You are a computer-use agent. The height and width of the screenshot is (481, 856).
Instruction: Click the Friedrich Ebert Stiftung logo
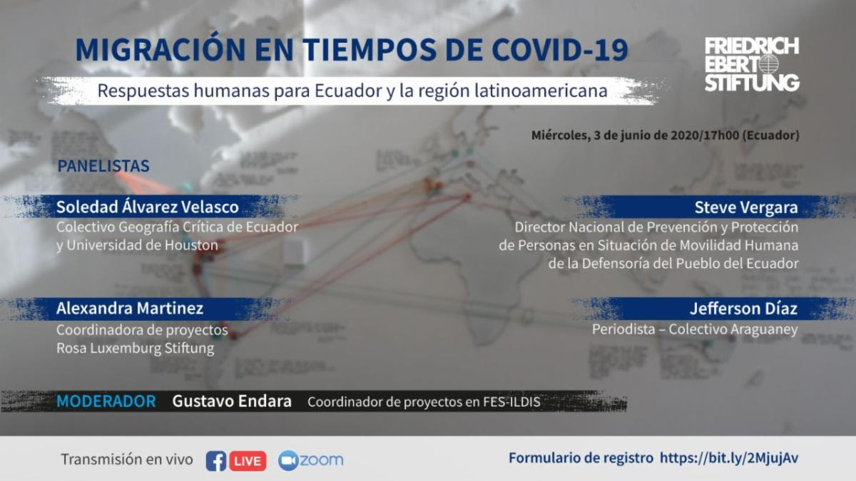click(x=752, y=64)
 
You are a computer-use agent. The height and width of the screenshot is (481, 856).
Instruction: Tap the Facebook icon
click(x=216, y=461)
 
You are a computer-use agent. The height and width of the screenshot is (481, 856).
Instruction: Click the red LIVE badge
click(x=248, y=461)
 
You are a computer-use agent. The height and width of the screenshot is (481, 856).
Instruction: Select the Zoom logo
click(x=310, y=460)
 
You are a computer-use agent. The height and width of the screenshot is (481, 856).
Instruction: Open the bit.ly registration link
click(x=729, y=458)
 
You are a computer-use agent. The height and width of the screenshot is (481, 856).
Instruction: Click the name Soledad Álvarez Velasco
click(x=148, y=207)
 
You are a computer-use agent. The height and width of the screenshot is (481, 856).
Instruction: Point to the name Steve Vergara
click(x=746, y=207)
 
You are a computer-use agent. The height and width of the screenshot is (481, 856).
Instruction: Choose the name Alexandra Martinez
click(x=130, y=308)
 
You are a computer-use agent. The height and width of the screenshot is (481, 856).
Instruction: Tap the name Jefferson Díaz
click(x=743, y=309)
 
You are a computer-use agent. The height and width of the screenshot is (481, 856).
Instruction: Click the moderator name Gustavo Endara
click(x=232, y=401)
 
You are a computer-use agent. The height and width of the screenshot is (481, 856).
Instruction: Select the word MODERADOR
click(x=106, y=401)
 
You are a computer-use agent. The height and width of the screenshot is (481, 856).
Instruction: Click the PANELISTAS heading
click(x=103, y=166)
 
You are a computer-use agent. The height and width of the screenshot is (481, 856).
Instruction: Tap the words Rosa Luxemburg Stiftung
click(x=136, y=348)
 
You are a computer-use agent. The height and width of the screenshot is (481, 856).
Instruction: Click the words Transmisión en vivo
click(x=127, y=459)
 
